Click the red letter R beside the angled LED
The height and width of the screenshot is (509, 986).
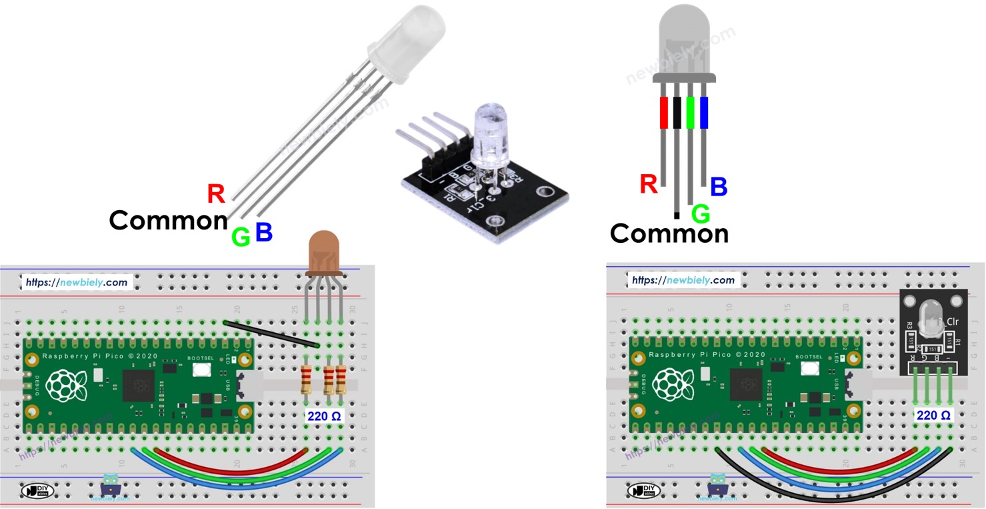point(216,193)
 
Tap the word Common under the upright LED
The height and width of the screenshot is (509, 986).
point(669,233)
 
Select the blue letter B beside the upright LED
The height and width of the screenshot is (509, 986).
point(718,187)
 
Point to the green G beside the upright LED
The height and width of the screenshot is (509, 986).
point(700,213)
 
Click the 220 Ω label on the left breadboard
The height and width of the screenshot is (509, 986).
point(324,416)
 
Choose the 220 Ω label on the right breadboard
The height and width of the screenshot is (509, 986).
point(933,415)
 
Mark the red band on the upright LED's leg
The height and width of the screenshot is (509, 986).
point(663,112)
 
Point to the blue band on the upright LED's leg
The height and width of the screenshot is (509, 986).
point(703,112)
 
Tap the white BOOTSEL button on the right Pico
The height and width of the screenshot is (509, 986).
point(811,368)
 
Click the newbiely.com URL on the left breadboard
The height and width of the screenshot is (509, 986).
point(76,282)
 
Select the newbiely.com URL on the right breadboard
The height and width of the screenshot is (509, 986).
point(683,280)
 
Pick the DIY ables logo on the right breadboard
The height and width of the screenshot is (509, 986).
point(645,491)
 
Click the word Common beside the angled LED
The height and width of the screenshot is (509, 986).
point(168,220)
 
